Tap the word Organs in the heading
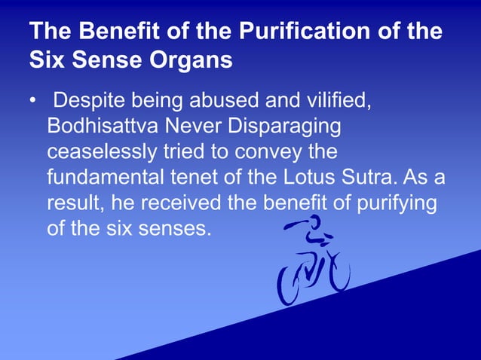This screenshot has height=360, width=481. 193,60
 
